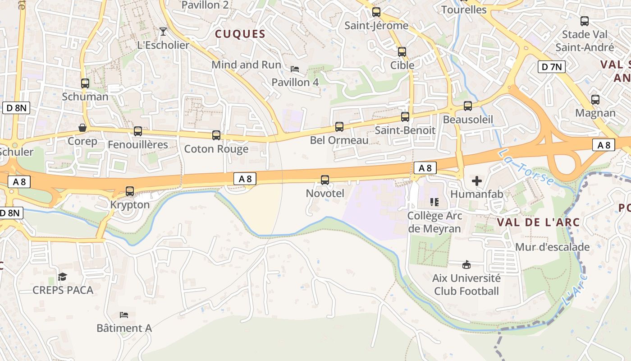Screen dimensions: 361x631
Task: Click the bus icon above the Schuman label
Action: (x=85, y=83)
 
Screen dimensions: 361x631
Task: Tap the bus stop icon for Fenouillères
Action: (x=138, y=131)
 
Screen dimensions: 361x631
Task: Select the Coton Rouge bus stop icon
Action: (x=216, y=135)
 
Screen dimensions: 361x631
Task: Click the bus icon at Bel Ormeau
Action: (x=339, y=127)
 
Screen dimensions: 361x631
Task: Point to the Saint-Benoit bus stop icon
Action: (x=405, y=117)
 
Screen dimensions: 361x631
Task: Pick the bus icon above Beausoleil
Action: (x=468, y=106)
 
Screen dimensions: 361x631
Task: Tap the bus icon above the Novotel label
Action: (x=325, y=180)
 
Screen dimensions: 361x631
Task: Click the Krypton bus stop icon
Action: (x=130, y=191)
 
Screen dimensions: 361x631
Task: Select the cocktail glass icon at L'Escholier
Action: (x=163, y=32)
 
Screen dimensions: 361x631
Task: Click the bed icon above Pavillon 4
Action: (x=295, y=69)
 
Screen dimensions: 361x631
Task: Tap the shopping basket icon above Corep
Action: (x=82, y=128)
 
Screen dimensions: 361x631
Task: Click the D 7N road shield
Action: (x=552, y=67)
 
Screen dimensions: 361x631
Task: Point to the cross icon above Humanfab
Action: (x=476, y=181)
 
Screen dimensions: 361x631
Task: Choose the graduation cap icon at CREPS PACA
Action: (x=63, y=277)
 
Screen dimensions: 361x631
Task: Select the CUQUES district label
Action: (x=240, y=34)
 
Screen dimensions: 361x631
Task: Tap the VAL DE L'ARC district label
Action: (x=538, y=222)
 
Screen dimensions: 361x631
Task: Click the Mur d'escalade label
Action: (x=552, y=247)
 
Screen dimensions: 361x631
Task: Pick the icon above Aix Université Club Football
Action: (x=466, y=264)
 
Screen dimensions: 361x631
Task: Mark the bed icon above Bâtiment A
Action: (x=124, y=315)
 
